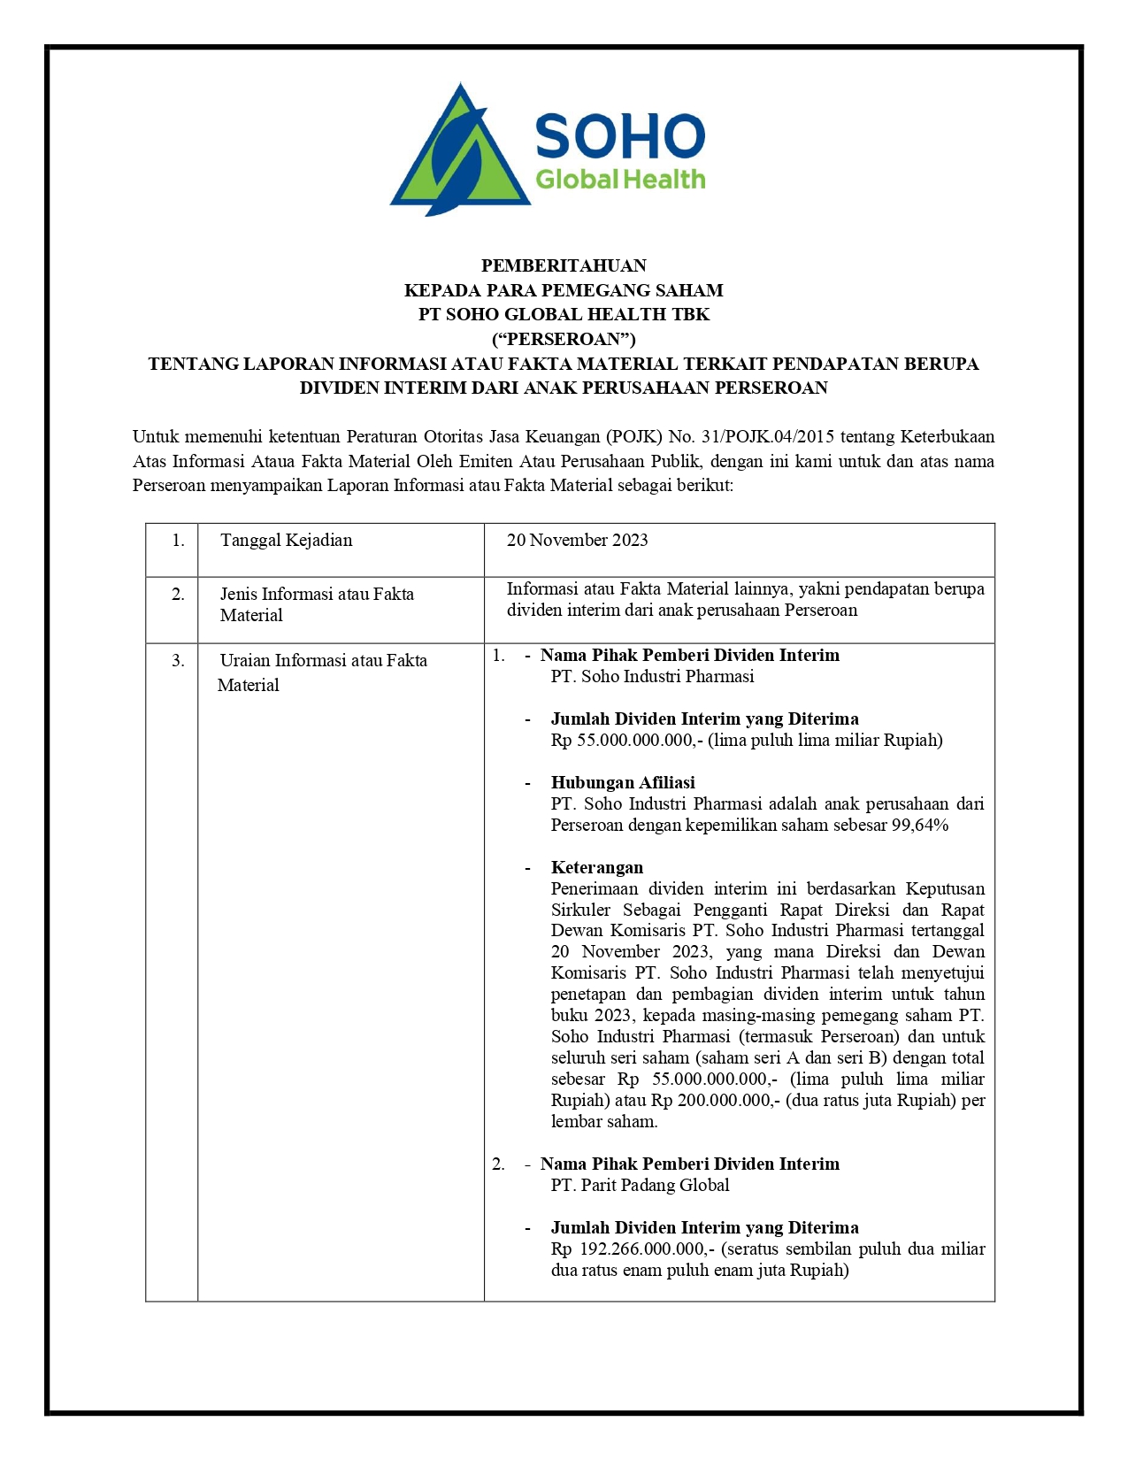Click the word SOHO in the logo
[619, 136]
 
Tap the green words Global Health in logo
[620, 180]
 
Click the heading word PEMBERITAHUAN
[564, 265]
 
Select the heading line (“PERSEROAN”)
[564, 339]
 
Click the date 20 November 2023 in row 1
[577, 540]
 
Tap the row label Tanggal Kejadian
[286, 540]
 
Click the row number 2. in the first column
[178, 595]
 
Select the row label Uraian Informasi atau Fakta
[323, 660]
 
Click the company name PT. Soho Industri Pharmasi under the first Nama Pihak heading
[652, 677]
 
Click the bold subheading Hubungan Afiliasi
[623, 783]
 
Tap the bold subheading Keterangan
[597, 868]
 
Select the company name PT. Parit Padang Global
[640, 1186]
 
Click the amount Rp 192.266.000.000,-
[633, 1249]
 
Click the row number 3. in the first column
[178, 661]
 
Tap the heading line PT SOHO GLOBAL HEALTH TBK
[564, 314]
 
